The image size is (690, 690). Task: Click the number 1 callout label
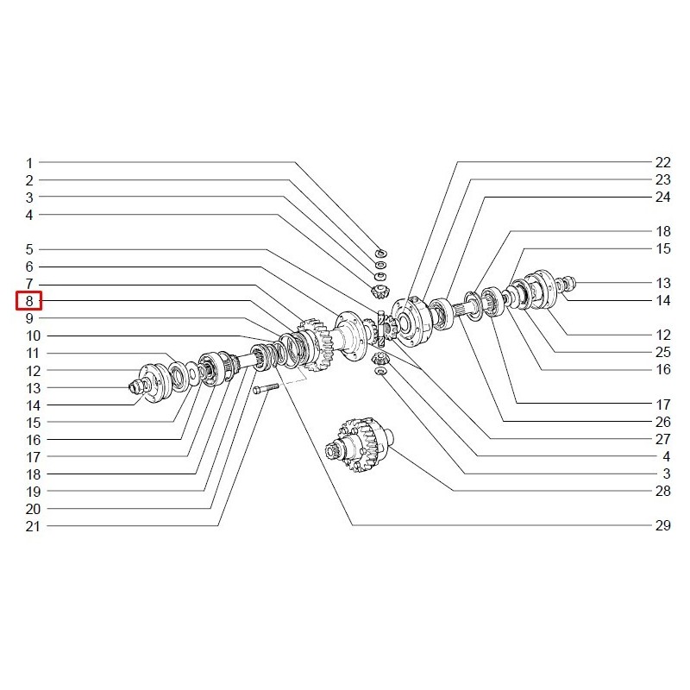click(29, 163)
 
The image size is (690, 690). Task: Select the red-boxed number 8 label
click(29, 301)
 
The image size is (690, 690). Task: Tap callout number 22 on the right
click(662, 162)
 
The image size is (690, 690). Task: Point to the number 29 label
click(662, 525)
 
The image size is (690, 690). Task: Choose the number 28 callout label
click(662, 491)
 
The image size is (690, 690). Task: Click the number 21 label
click(33, 526)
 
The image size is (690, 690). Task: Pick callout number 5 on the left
click(29, 249)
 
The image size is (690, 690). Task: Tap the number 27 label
click(662, 439)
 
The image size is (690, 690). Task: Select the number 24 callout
click(662, 197)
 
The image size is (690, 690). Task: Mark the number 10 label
click(33, 336)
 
